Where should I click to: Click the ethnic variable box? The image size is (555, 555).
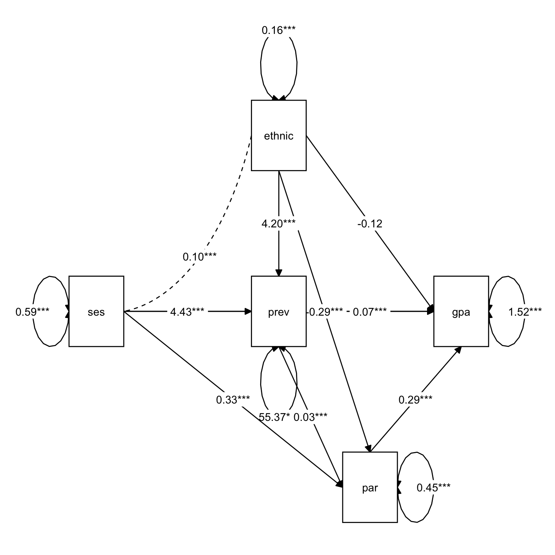click(279, 135)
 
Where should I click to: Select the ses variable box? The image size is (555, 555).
click(96, 311)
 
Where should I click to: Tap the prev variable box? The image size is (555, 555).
click(279, 311)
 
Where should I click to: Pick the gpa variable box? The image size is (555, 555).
click(461, 311)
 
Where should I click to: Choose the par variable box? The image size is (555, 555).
click(370, 488)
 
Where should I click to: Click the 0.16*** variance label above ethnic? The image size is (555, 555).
click(279, 30)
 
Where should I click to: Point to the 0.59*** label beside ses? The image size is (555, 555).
click(32, 311)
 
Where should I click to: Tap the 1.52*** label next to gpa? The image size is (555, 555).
click(525, 311)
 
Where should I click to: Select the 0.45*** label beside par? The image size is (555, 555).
click(434, 488)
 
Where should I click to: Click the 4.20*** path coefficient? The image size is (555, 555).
click(279, 224)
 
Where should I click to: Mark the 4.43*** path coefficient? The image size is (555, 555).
click(187, 311)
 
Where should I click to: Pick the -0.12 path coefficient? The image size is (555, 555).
click(370, 224)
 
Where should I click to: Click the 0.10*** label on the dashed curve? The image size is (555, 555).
click(200, 257)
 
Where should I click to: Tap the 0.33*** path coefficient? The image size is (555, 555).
click(233, 400)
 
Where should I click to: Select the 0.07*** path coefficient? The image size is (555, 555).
click(370, 311)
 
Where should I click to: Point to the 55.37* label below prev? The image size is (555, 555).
click(274, 417)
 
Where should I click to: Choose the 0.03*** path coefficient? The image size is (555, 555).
click(311, 417)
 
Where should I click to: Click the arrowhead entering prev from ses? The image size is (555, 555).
click(247, 311)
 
